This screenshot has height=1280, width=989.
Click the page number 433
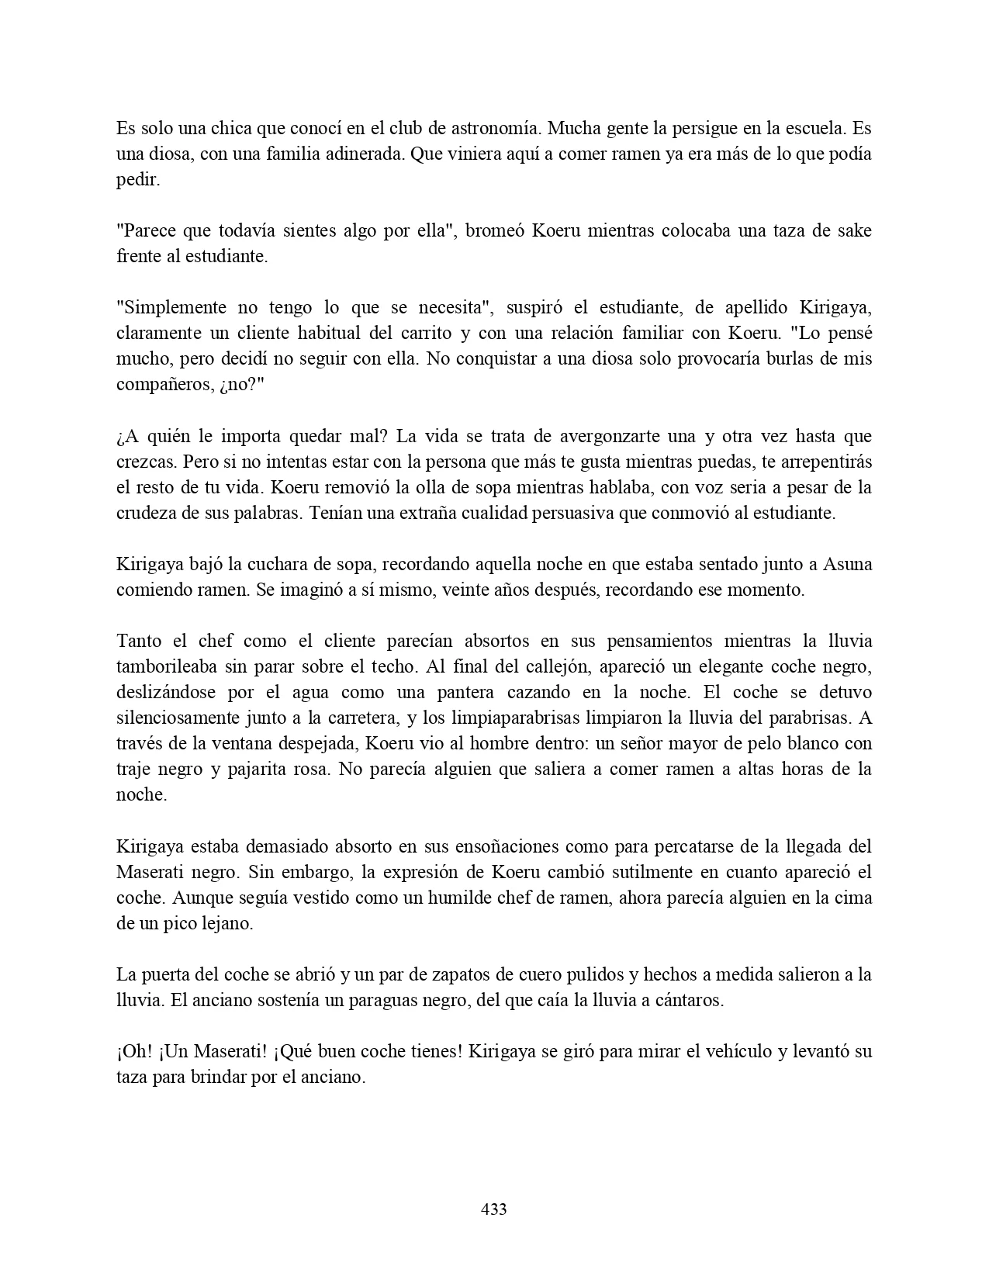coord(494,1209)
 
